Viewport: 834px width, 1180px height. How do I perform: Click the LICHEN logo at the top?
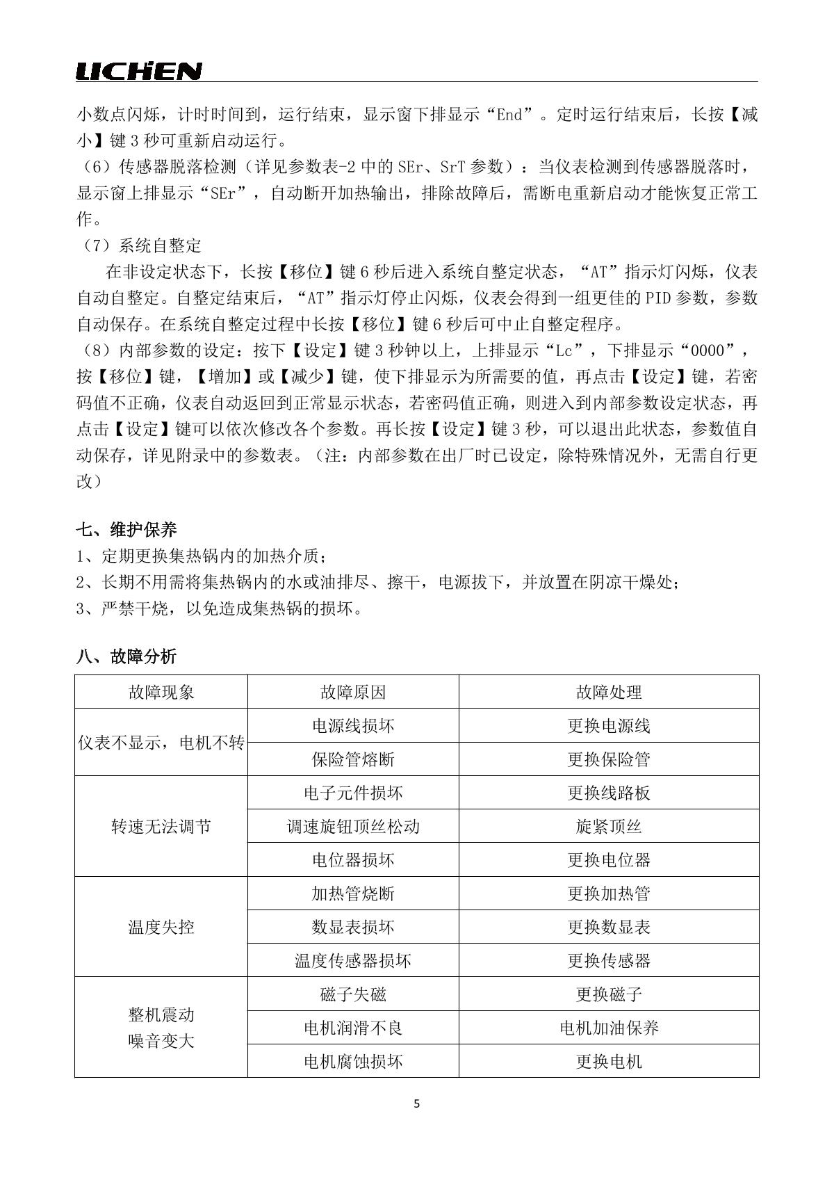click(139, 71)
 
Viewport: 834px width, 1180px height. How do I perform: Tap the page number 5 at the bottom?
click(416, 1104)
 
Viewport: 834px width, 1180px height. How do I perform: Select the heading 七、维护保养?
click(126, 530)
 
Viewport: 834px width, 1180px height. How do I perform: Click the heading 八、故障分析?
click(126, 656)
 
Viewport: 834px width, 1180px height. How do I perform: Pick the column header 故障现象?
click(161, 692)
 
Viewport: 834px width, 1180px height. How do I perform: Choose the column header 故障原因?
click(353, 692)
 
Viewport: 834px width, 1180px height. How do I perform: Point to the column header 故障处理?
click(609, 692)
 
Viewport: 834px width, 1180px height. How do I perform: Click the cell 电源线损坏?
click(353, 726)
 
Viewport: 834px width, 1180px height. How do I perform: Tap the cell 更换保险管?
click(609, 759)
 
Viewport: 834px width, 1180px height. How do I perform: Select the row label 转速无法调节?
click(161, 827)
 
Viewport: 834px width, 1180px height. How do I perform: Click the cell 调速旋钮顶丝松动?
click(353, 827)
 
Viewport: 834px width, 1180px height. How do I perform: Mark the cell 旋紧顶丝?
click(609, 827)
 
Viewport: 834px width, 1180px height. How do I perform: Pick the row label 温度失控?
click(161, 927)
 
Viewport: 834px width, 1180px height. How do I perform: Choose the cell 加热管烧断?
click(353, 894)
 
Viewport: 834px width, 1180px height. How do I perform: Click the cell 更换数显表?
click(609, 927)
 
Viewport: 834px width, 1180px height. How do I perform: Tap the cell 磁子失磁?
click(353, 994)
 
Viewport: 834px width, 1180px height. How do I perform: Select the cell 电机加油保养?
click(609, 1028)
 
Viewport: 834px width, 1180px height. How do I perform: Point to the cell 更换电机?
click(609, 1061)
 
